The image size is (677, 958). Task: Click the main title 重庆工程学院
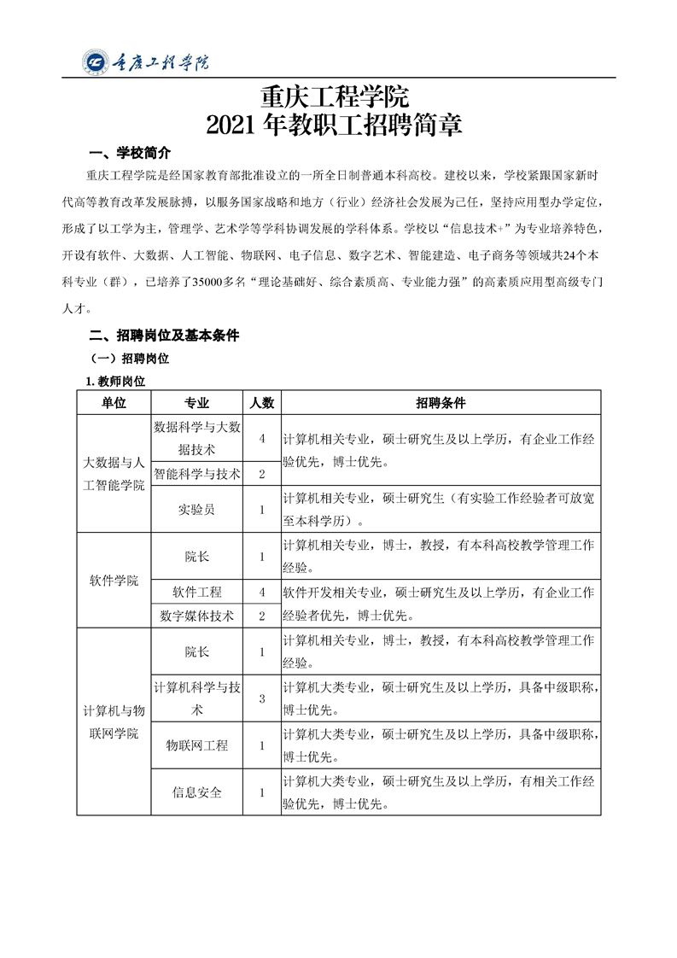pos(338,96)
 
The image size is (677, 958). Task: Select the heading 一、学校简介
pos(131,153)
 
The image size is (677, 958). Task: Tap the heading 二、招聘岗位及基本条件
pos(165,336)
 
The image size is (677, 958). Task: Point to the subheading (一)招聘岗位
pos(130,359)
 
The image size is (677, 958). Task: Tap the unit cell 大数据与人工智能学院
pos(114,474)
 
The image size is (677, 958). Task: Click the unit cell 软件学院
pos(114,581)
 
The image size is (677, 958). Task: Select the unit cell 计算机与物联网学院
pos(114,721)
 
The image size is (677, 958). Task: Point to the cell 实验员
pos(197,510)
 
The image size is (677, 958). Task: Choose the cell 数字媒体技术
pos(197,616)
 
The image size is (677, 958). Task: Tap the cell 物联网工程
pos(197,745)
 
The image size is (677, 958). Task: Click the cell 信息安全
pos(197,792)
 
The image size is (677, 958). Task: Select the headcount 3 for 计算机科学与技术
pos(262,698)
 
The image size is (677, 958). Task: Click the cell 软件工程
pos(197,592)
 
